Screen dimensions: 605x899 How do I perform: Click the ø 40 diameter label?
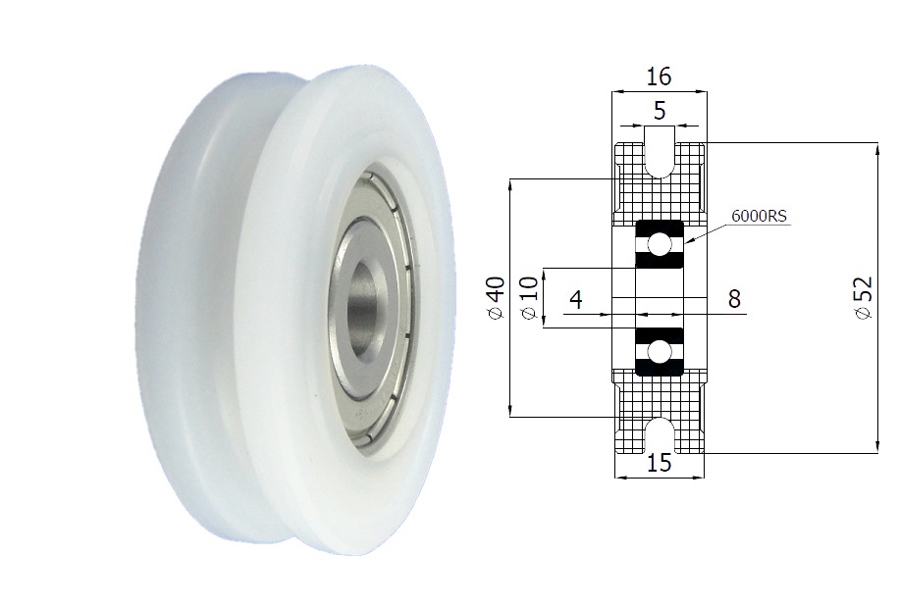coord(496,297)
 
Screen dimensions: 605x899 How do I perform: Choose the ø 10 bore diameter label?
coord(528,297)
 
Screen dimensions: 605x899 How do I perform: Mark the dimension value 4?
coord(577,300)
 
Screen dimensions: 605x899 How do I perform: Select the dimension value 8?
coord(734,300)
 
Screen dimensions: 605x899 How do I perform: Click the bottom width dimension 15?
coord(660,464)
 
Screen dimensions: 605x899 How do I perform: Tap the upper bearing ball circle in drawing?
coord(660,244)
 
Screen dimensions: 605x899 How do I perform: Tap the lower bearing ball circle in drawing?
coord(660,352)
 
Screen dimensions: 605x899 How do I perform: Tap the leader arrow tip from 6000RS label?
coord(686,241)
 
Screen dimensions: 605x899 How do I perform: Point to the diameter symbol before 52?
coord(863,314)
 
